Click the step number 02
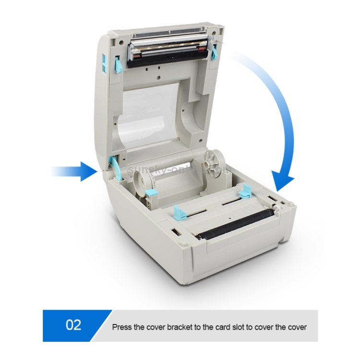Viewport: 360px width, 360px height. [x=73, y=325]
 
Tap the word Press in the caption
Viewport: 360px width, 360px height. [x=122, y=327]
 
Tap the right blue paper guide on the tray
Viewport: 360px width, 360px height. [x=244, y=190]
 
